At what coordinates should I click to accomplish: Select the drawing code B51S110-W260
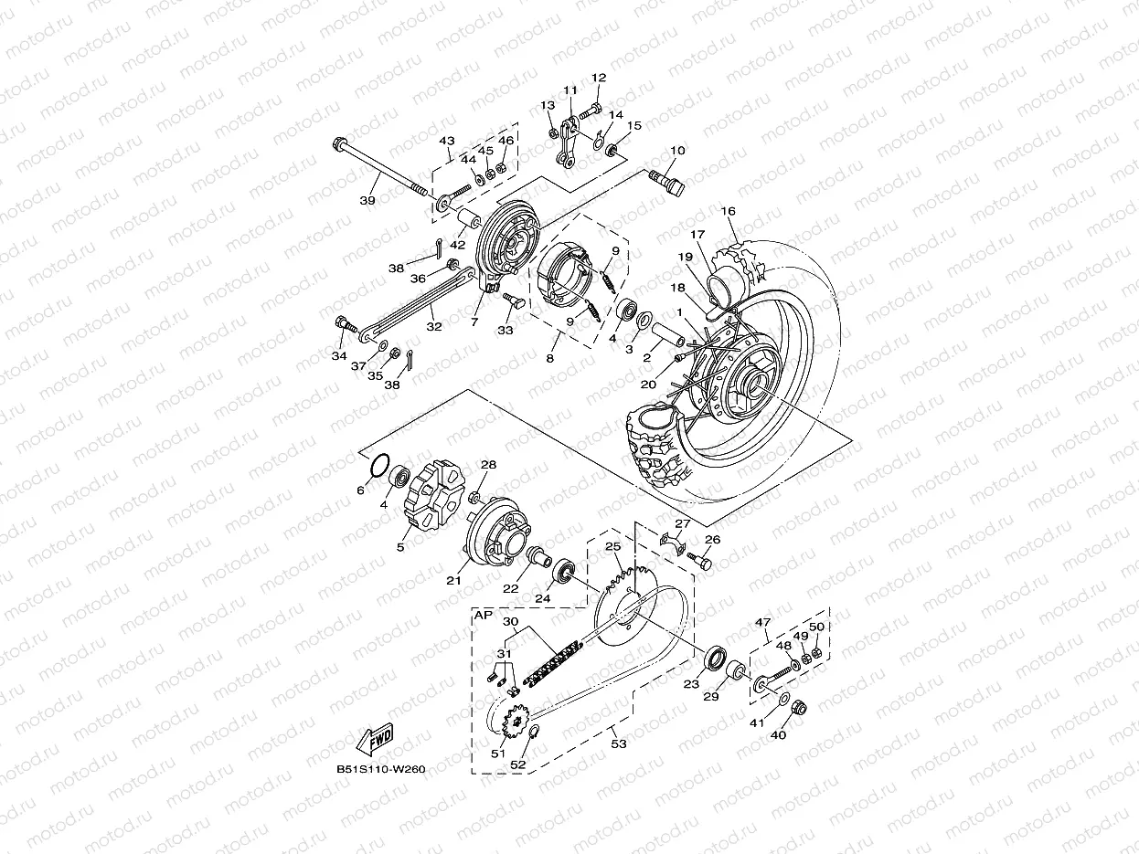[x=380, y=769]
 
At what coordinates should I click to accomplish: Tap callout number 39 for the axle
[x=367, y=200]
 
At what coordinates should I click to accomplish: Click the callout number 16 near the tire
[x=728, y=211]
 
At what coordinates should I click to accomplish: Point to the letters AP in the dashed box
[x=482, y=617]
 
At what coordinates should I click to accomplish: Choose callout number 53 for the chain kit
[x=619, y=744]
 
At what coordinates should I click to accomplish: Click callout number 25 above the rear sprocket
[x=612, y=546]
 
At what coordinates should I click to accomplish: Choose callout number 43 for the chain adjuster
[x=447, y=141]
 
